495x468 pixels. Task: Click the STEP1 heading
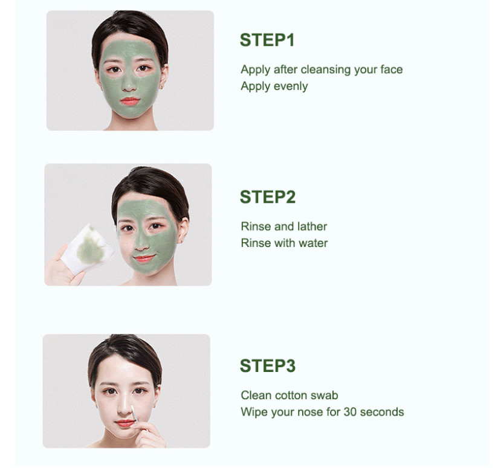click(x=267, y=40)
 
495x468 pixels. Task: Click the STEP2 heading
click(x=267, y=197)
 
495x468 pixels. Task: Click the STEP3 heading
click(x=267, y=366)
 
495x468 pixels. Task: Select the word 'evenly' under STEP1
click(x=291, y=86)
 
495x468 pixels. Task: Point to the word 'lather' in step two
click(x=312, y=226)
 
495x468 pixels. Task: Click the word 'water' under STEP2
click(x=312, y=243)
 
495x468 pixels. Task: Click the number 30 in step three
click(x=350, y=412)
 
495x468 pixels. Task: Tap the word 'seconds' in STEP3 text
click(x=382, y=412)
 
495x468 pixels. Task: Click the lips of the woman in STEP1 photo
click(x=129, y=101)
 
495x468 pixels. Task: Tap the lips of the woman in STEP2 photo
click(x=144, y=258)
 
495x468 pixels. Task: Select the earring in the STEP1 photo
click(x=161, y=86)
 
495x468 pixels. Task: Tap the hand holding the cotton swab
click(x=148, y=434)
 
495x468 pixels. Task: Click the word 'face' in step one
click(x=391, y=69)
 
